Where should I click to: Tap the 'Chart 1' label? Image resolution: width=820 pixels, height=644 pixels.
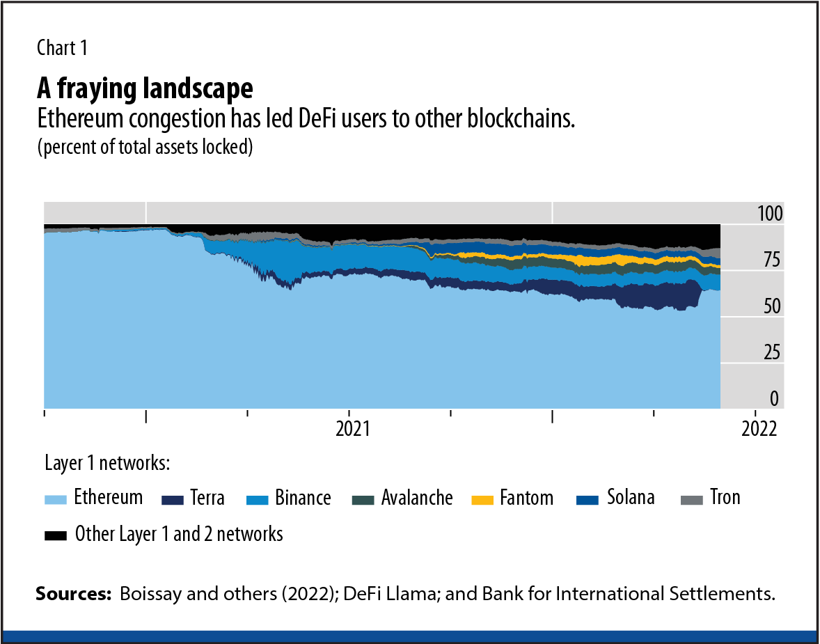click(62, 48)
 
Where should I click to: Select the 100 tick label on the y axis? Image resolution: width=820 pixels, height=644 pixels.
click(770, 214)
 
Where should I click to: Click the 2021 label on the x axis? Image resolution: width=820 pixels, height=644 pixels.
click(352, 428)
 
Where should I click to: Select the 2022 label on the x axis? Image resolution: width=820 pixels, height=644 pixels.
click(758, 428)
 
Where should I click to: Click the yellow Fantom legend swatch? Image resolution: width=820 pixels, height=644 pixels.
click(482, 499)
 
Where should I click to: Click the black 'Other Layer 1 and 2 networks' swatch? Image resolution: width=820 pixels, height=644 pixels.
click(56, 535)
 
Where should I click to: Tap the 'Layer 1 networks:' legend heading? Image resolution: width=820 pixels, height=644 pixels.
click(107, 464)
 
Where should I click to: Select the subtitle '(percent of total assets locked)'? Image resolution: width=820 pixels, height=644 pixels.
click(143, 148)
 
